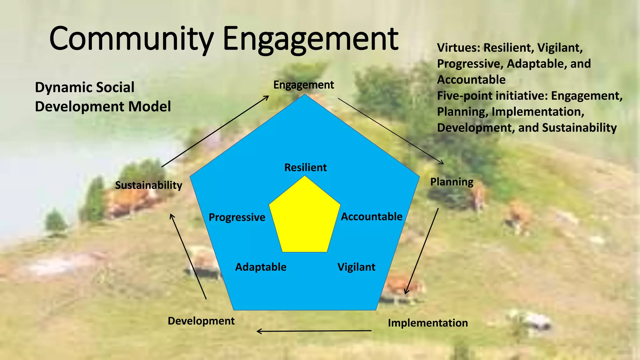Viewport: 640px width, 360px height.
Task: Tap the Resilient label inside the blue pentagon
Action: pyautogui.click(x=305, y=167)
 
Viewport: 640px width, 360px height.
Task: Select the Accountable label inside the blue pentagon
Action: pyautogui.click(x=372, y=217)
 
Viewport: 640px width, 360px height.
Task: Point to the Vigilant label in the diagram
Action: pyautogui.click(x=356, y=267)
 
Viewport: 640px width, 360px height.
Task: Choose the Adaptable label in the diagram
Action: pyautogui.click(x=261, y=267)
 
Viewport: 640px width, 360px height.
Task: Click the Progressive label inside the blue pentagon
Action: pyautogui.click(x=237, y=217)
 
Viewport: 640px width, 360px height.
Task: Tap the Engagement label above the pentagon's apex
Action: pyautogui.click(x=303, y=85)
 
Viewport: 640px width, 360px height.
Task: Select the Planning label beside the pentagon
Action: pyautogui.click(x=452, y=182)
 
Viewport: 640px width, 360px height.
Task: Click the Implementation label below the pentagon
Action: pyautogui.click(x=428, y=323)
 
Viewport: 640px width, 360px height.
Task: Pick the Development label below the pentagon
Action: pyautogui.click(x=201, y=321)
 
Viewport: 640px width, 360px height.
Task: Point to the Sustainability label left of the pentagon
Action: pyautogui.click(x=148, y=185)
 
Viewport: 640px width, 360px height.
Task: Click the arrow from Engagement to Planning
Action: pyautogui.click(x=391, y=131)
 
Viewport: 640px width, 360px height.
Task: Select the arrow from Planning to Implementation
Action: pyautogui.click(x=422, y=251)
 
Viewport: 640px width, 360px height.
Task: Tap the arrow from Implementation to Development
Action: pyautogui.click(x=314, y=331)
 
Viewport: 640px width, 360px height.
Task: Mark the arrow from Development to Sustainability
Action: pyautogui.click(x=188, y=257)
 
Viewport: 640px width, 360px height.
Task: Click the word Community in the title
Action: pyautogui.click(x=131, y=39)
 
